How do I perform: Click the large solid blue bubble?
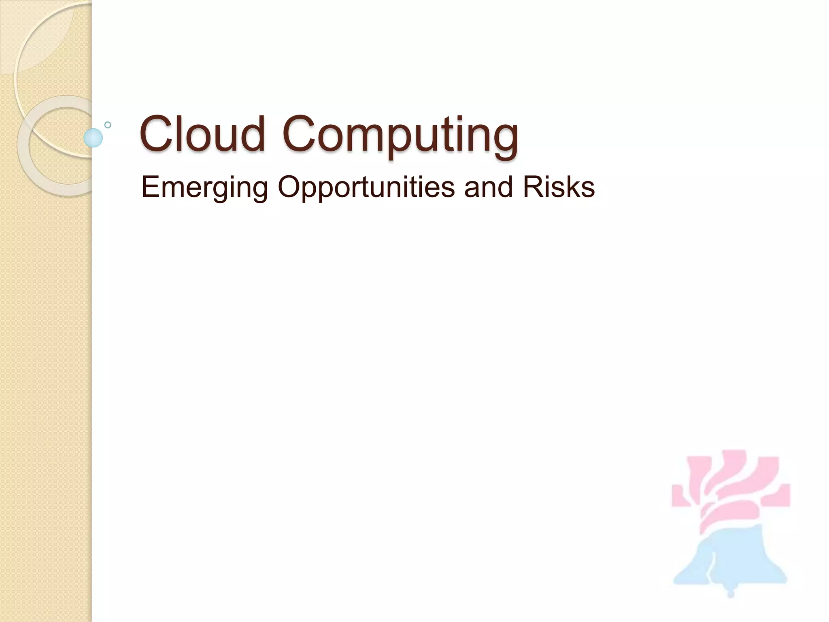pyautogui.click(x=93, y=138)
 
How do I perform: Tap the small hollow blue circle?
pyautogui.click(x=108, y=125)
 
